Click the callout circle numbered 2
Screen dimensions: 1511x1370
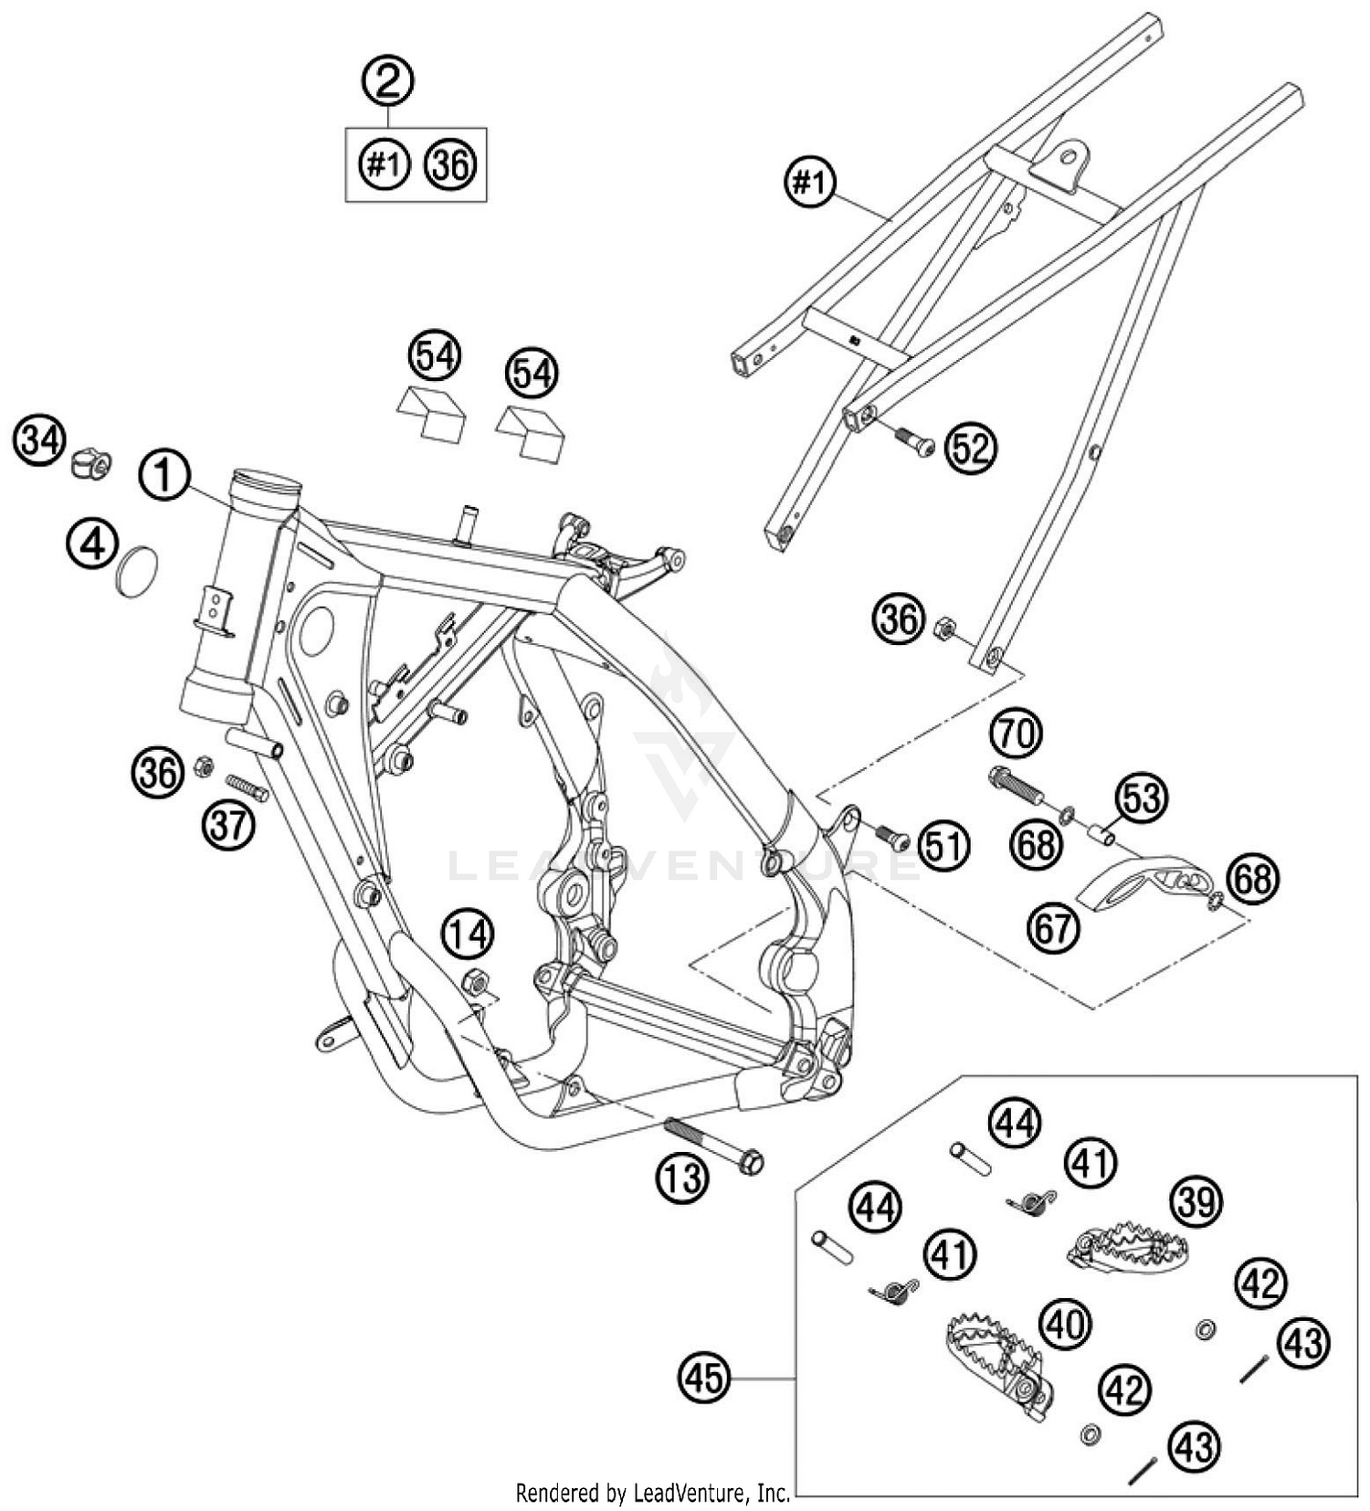point(388,81)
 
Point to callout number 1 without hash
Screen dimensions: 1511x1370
point(164,476)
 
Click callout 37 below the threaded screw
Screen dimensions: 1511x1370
point(228,825)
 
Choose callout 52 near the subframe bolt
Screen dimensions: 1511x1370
point(971,449)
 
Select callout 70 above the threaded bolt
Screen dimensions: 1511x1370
point(1017,733)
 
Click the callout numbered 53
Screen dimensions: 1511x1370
point(1142,797)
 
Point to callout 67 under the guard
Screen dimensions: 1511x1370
point(1053,928)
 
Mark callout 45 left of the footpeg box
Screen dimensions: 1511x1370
point(705,1377)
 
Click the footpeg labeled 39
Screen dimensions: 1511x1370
point(1123,1247)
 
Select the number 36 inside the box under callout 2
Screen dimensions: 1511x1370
point(451,165)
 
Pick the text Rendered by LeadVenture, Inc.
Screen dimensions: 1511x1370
point(653,1493)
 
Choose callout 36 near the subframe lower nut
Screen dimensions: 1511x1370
point(899,619)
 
